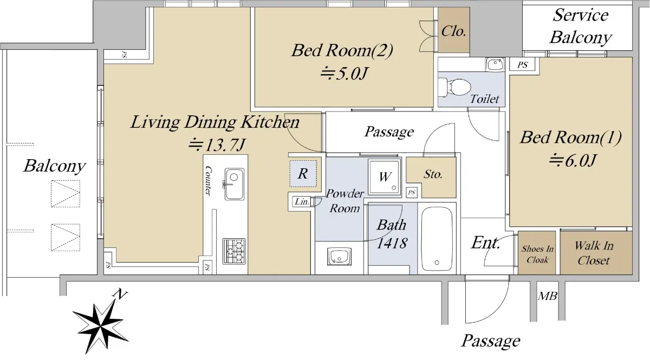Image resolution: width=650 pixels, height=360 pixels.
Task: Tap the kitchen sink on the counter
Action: [234, 184]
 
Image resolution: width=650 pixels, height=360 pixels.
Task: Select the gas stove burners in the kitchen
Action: [234, 251]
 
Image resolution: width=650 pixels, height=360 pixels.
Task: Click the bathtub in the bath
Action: [437, 239]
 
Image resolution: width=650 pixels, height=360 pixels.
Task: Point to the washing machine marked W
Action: [385, 176]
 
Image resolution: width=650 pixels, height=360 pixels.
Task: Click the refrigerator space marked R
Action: [303, 173]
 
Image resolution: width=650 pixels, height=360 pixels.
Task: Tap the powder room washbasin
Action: [339, 257]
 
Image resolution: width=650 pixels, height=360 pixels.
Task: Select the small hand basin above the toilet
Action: [495, 64]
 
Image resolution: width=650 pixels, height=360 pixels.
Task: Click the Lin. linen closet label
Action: [302, 201]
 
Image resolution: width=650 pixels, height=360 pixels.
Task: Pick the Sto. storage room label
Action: [433, 174]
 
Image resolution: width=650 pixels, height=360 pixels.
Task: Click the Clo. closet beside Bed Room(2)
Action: [453, 31]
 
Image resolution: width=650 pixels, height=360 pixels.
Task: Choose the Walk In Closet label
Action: [594, 253]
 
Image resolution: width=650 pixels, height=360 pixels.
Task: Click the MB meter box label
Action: [548, 296]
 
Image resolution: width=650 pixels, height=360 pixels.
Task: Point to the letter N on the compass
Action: [120, 294]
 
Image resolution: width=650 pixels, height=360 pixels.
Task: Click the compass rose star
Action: [100, 326]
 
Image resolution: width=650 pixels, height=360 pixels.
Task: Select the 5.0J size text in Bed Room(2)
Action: [344, 74]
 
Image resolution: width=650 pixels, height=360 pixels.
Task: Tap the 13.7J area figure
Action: [217, 145]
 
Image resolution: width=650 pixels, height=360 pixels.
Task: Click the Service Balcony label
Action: [580, 26]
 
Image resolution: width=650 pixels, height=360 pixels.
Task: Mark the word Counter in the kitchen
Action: [208, 181]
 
